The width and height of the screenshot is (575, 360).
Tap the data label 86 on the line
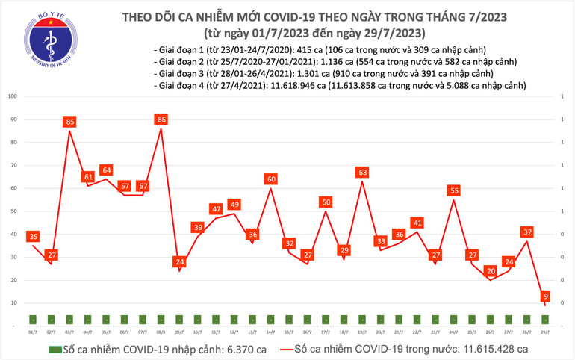tap(161, 118)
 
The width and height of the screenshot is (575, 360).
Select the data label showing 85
tap(69, 120)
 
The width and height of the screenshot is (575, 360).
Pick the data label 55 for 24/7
tap(453, 190)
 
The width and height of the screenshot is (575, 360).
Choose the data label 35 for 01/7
tap(33, 236)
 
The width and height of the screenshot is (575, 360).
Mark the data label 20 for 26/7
tap(490, 270)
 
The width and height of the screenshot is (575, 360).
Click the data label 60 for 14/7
tap(271, 179)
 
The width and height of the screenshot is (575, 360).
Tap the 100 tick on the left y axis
tap(13, 96)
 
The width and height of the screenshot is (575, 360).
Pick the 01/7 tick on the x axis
tap(33, 332)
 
